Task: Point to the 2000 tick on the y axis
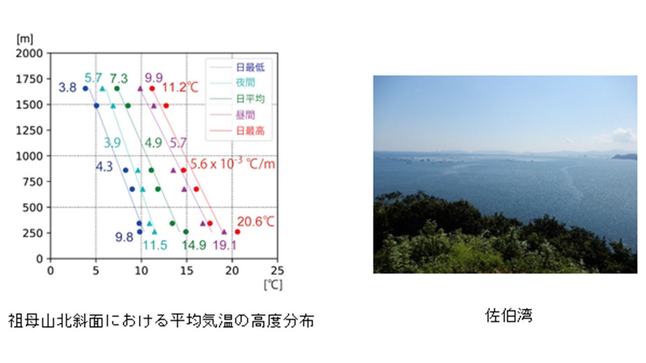[x=29, y=53]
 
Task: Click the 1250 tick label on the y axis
[x=29, y=131]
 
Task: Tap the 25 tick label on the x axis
[x=278, y=271]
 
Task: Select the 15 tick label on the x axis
[x=187, y=271]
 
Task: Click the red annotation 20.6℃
[x=255, y=222]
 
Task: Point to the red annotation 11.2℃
[x=180, y=87]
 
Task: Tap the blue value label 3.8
[x=68, y=87]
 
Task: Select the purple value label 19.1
[x=225, y=246]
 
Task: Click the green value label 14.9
[x=194, y=246]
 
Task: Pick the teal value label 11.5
[x=155, y=246]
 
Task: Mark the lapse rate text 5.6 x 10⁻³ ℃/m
[x=233, y=163]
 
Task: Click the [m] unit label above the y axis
[x=25, y=39]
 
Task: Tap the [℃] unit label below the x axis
[x=273, y=285]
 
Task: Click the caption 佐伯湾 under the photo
[x=508, y=315]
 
